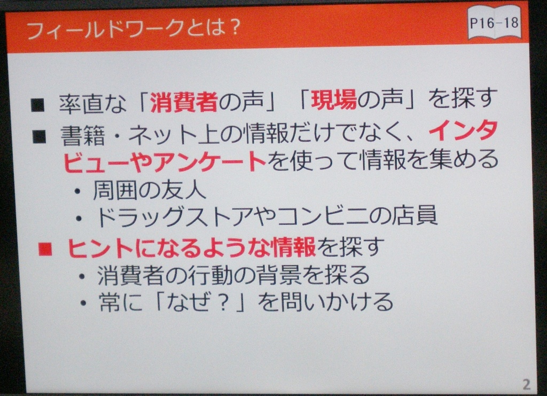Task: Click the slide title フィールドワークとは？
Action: click(134, 28)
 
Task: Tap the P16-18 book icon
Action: click(494, 24)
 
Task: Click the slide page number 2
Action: click(526, 384)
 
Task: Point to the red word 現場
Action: click(334, 99)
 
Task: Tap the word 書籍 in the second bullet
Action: click(83, 135)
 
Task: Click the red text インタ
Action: click(463, 130)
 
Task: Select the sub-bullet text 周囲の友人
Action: click(150, 190)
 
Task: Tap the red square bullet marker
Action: click(45, 249)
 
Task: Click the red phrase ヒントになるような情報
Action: click(192, 247)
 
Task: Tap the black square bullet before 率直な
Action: click(37, 105)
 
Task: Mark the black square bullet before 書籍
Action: click(39, 136)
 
